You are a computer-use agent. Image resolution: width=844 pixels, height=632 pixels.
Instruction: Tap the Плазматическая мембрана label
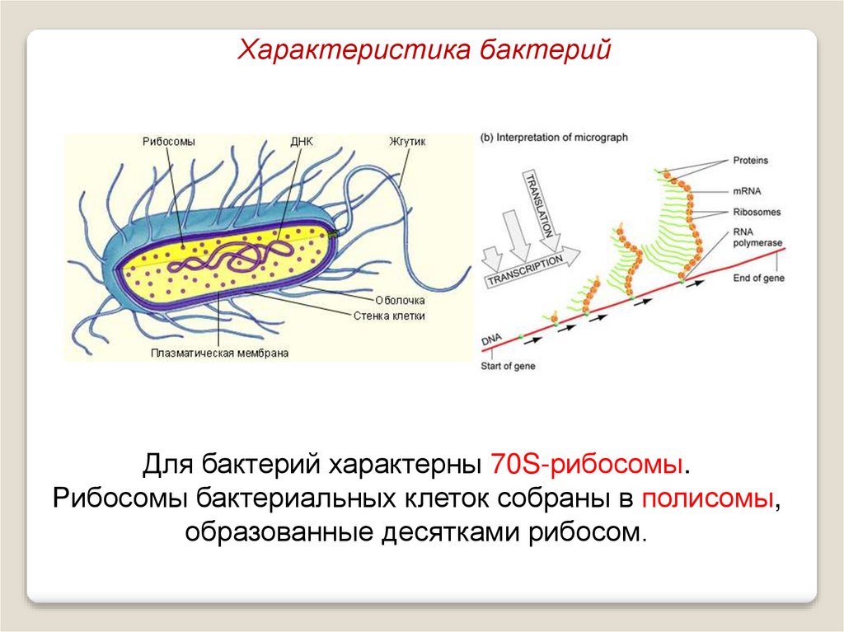click(219, 353)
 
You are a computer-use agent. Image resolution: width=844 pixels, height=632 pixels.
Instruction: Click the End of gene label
click(758, 279)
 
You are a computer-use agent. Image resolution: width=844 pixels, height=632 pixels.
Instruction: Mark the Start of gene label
click(508, 366)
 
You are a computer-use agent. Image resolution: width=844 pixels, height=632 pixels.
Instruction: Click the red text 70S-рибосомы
click(586, 463)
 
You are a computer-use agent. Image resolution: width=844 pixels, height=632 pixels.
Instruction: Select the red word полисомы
click(708, 498)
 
